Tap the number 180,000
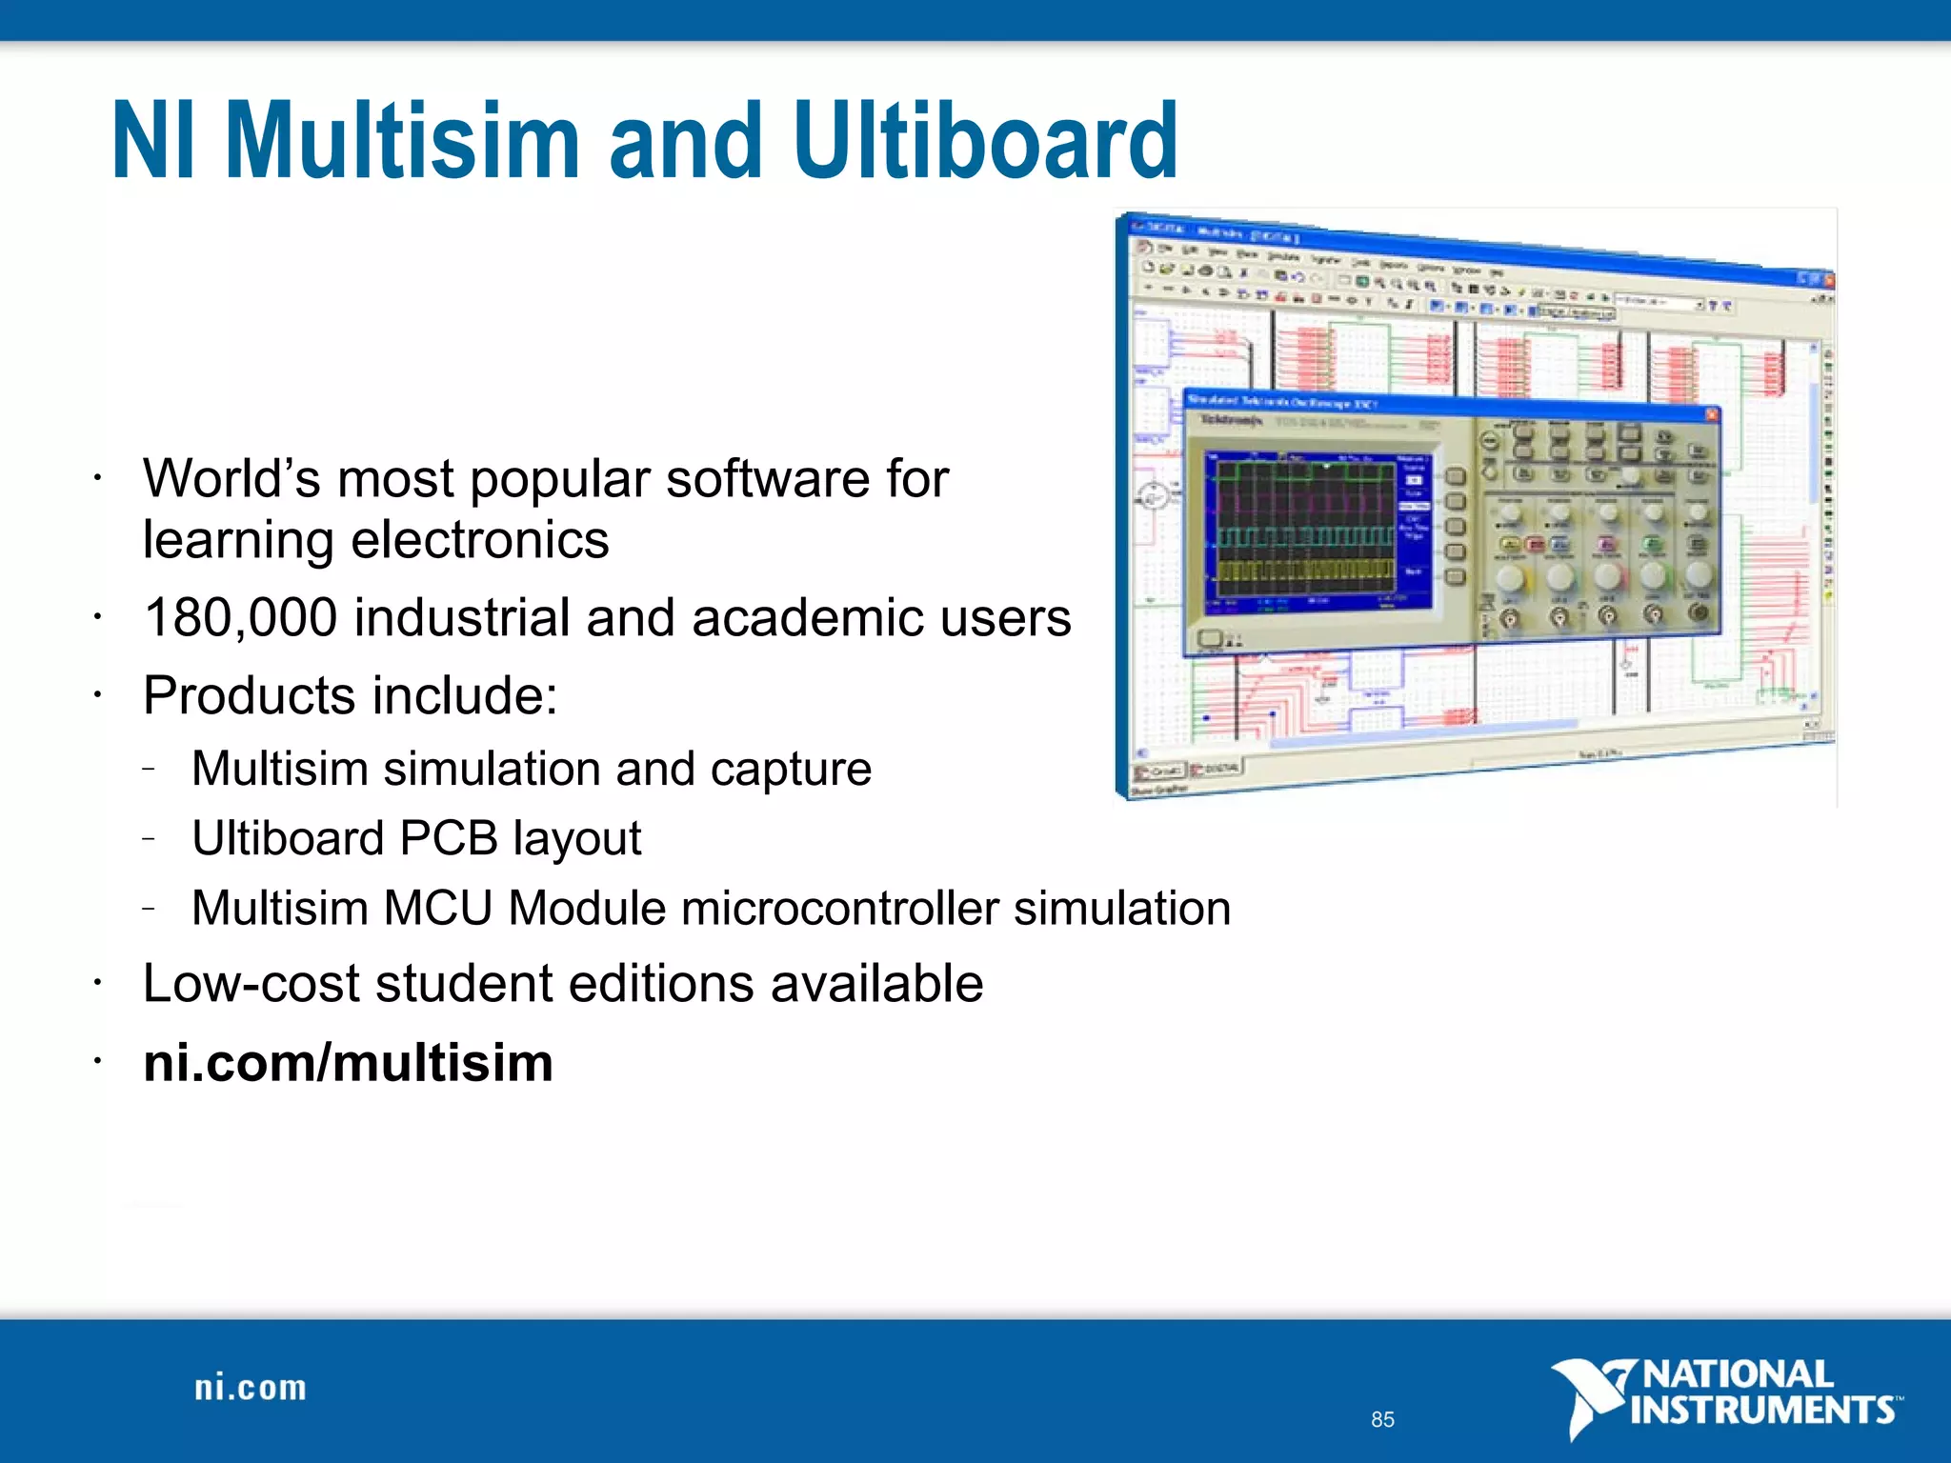pyautogui.click(x=241, y=617)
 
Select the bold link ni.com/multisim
pyautogui.click(x=348, y=1062)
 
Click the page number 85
pyautogui.click(x=1382, y=1419)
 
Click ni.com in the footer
pyautogui.click(x=251, y=1388)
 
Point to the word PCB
pyautogui.click(x=448, y=838)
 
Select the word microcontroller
pyautogui.click(x=839, y=908)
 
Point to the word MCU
pyautogui.click(x=437, y=908)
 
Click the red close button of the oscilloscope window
pyautogui.click(x=1711, y=414)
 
